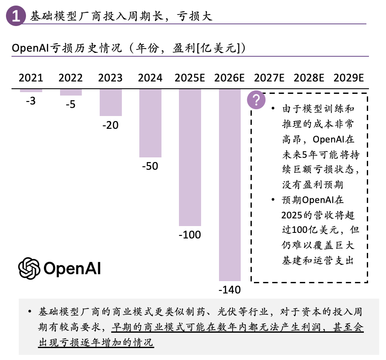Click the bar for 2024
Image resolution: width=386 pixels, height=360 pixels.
(150, 123)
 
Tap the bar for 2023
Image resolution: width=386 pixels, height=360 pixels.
(111, 102)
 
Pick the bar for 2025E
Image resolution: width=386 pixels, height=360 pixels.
(190, 157)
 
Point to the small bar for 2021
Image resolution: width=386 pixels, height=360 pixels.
(31, 90)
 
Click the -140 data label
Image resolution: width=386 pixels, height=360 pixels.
(230, 290)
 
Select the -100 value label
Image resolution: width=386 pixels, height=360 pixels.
(190, 235)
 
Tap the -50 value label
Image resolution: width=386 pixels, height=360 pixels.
(150, 166)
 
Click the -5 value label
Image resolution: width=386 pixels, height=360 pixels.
(71, 105)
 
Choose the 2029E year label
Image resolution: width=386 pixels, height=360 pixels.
(349, 78)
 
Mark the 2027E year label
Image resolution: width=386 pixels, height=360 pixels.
(269, 78)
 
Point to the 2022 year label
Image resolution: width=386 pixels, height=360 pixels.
(71, 78)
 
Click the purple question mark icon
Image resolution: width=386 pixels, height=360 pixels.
(256, 100)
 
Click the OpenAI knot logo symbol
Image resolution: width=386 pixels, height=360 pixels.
(29, 268)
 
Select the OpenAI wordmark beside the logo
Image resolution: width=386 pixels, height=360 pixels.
(72, 269)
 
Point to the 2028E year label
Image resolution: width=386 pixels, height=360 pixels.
(309, 78)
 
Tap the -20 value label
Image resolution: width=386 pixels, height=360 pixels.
(110, 125)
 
